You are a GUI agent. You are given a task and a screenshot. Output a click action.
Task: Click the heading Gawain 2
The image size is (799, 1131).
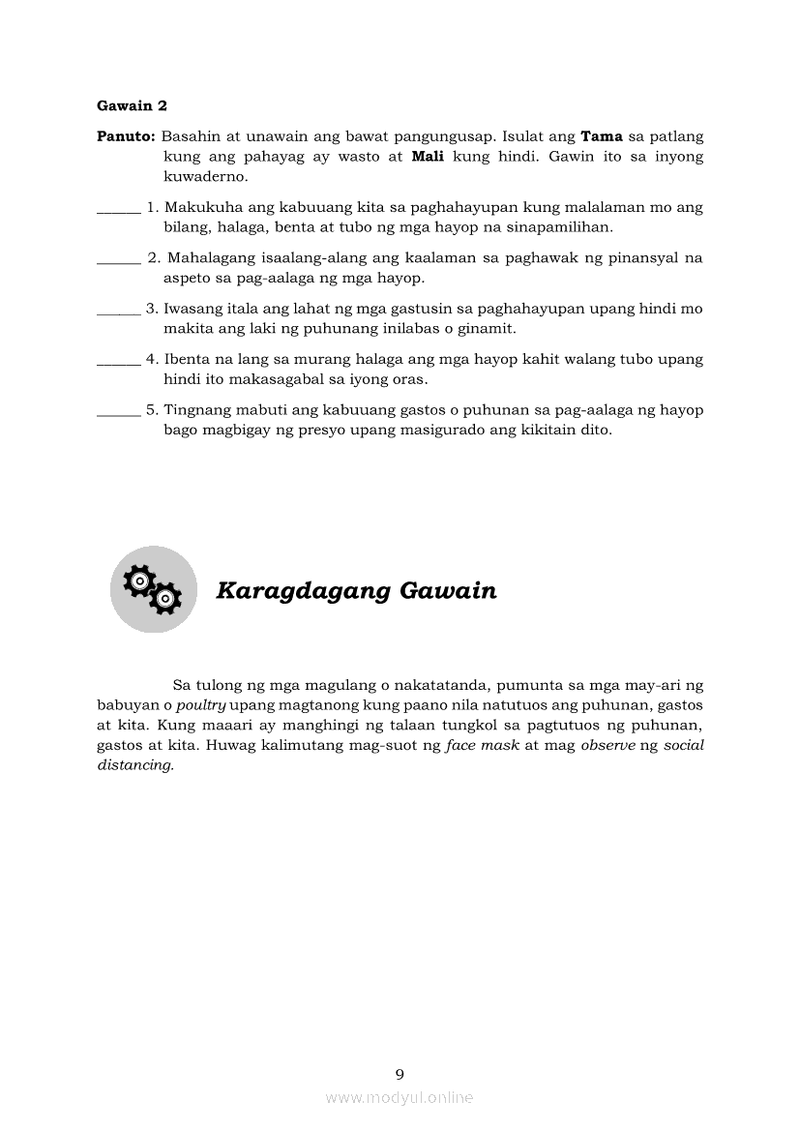pos(132,105)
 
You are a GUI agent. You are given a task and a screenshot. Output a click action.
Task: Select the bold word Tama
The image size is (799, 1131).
pos(601,136)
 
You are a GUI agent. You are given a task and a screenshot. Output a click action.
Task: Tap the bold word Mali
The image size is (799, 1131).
pos(427,157)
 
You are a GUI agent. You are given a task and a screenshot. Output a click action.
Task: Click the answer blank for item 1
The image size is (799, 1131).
pos(118,208)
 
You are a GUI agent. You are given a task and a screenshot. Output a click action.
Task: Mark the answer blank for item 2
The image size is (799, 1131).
pos(118,258)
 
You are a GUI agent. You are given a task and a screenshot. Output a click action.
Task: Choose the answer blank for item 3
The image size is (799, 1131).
pos(118,310)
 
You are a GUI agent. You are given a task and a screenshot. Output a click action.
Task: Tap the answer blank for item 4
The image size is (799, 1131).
pos(118,360)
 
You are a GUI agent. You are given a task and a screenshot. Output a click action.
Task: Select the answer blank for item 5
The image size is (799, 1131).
pos(118,410)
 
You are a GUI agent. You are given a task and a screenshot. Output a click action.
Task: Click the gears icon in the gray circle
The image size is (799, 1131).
pos(153,589)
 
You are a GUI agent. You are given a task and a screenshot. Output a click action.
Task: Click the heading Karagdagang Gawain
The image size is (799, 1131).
pos(356,590)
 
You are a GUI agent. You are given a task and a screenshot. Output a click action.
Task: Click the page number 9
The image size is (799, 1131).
pos(399,1074)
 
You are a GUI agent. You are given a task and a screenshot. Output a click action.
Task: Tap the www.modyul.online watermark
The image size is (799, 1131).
pos(399,1097)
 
